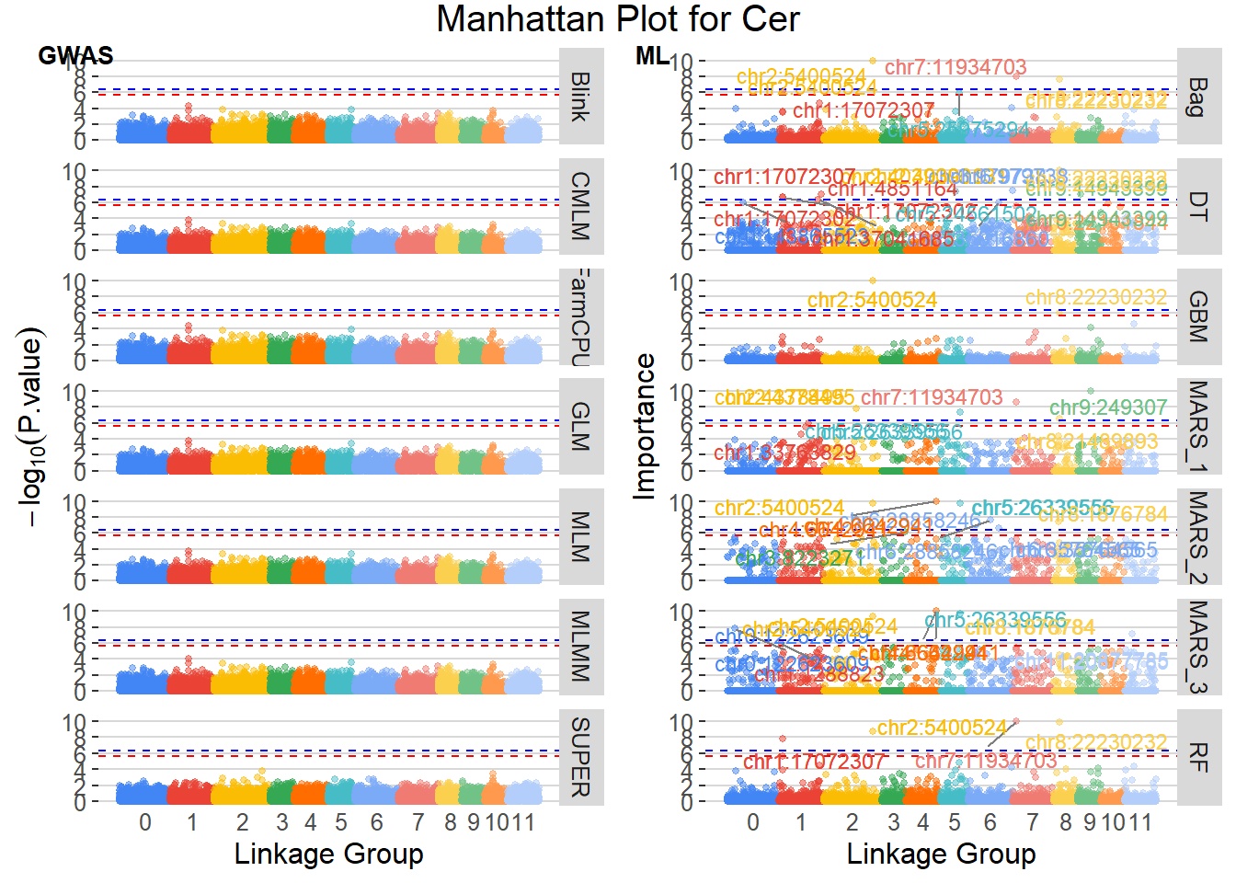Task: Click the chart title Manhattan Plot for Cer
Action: coord(617,19)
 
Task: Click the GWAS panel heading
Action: coord(75,56)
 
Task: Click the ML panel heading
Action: coord(652,56)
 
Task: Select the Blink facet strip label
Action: coord(580,97)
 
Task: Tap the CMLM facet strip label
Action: coord(580,206)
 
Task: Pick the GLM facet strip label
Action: coord(580,426)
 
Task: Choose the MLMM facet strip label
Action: coord(580,646)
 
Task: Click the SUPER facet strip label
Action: coord(580,757)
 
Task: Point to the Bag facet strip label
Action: coord(1197,97)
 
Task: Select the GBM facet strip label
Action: coord(1197,316)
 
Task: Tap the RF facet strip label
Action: coord(1197,757)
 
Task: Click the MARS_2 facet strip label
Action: coord(1197,537)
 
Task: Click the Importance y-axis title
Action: coord(645,427)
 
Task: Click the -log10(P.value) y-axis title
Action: coord(32,427)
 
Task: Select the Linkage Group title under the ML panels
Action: coord(941,854)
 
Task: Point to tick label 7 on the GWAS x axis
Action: coord(418,822)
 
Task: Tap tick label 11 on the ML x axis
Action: coord(1140,822)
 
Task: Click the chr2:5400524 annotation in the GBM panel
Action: coord(872,301)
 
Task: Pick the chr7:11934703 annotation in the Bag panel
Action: coord(956,67)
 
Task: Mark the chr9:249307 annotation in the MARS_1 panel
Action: coord(1108,407)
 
